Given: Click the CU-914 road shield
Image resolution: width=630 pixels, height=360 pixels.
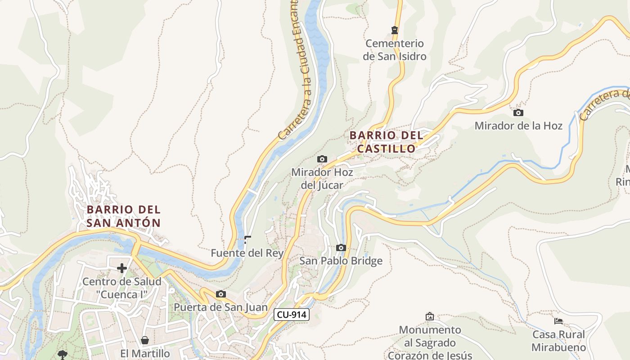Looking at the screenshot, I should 292,315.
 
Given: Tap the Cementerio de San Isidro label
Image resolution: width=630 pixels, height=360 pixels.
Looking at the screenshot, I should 395,50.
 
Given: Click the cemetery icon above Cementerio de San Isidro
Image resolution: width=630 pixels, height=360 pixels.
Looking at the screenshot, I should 395,30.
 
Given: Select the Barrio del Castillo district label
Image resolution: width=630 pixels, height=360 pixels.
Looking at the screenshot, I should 387,142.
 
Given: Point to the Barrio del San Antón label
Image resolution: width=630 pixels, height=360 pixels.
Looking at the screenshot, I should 123,216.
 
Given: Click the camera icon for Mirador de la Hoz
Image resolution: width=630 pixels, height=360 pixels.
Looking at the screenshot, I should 518,112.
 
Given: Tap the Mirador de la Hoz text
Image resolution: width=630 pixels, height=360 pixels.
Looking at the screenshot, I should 518,126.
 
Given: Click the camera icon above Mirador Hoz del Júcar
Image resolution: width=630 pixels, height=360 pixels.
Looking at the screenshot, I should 322,159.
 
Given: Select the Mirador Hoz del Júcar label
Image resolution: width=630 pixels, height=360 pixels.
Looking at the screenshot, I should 322,179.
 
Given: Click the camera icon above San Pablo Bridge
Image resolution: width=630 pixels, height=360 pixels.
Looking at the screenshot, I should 341,247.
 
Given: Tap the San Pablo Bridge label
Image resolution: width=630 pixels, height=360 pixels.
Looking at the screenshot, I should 341,261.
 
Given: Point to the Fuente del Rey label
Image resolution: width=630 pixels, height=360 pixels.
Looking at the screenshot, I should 247,253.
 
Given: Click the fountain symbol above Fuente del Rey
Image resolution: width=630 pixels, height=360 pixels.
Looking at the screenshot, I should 247,239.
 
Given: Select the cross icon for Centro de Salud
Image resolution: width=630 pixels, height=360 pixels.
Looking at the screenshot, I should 121,269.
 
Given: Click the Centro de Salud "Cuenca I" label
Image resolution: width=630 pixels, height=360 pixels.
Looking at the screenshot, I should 121,288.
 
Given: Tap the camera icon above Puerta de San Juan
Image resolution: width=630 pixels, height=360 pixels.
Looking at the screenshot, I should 220,294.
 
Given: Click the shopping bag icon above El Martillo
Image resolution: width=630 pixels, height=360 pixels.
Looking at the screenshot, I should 145,340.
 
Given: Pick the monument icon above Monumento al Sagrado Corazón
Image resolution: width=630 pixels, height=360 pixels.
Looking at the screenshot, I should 430,316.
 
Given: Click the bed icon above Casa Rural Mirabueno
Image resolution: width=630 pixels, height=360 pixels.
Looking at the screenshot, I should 558,321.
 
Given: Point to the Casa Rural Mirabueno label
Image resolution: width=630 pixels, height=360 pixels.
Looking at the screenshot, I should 558,341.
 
